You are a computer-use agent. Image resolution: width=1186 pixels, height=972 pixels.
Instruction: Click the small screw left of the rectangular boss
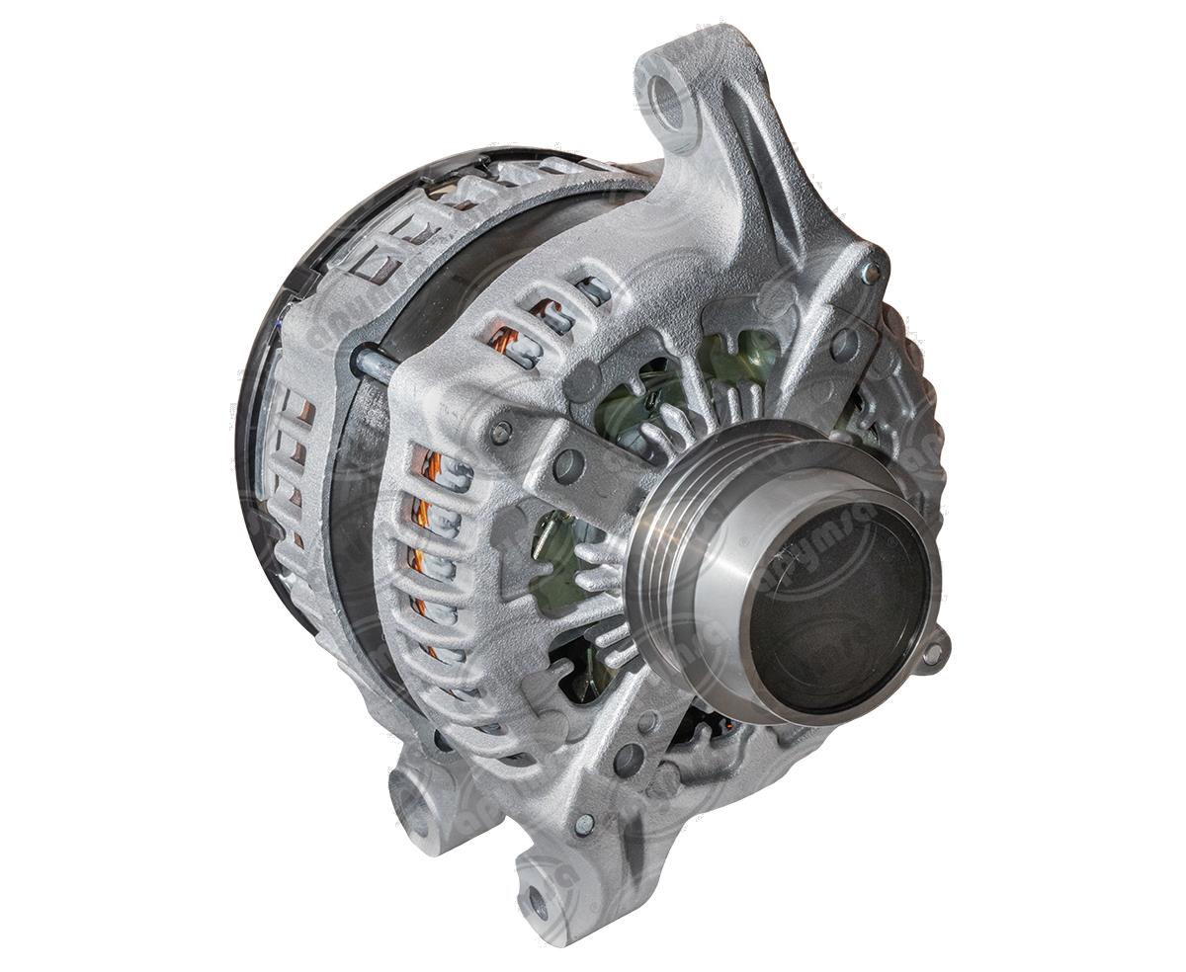pos(502,431)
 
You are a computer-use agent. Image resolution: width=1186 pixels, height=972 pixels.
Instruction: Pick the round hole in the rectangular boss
pos(568,465)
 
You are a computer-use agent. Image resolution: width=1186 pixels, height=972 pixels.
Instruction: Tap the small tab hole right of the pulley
pos(932,653)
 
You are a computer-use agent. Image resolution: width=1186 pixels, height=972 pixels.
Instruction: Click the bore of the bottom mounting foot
pos(535,900)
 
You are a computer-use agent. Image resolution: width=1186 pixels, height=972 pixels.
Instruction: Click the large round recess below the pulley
pos(629,760)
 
